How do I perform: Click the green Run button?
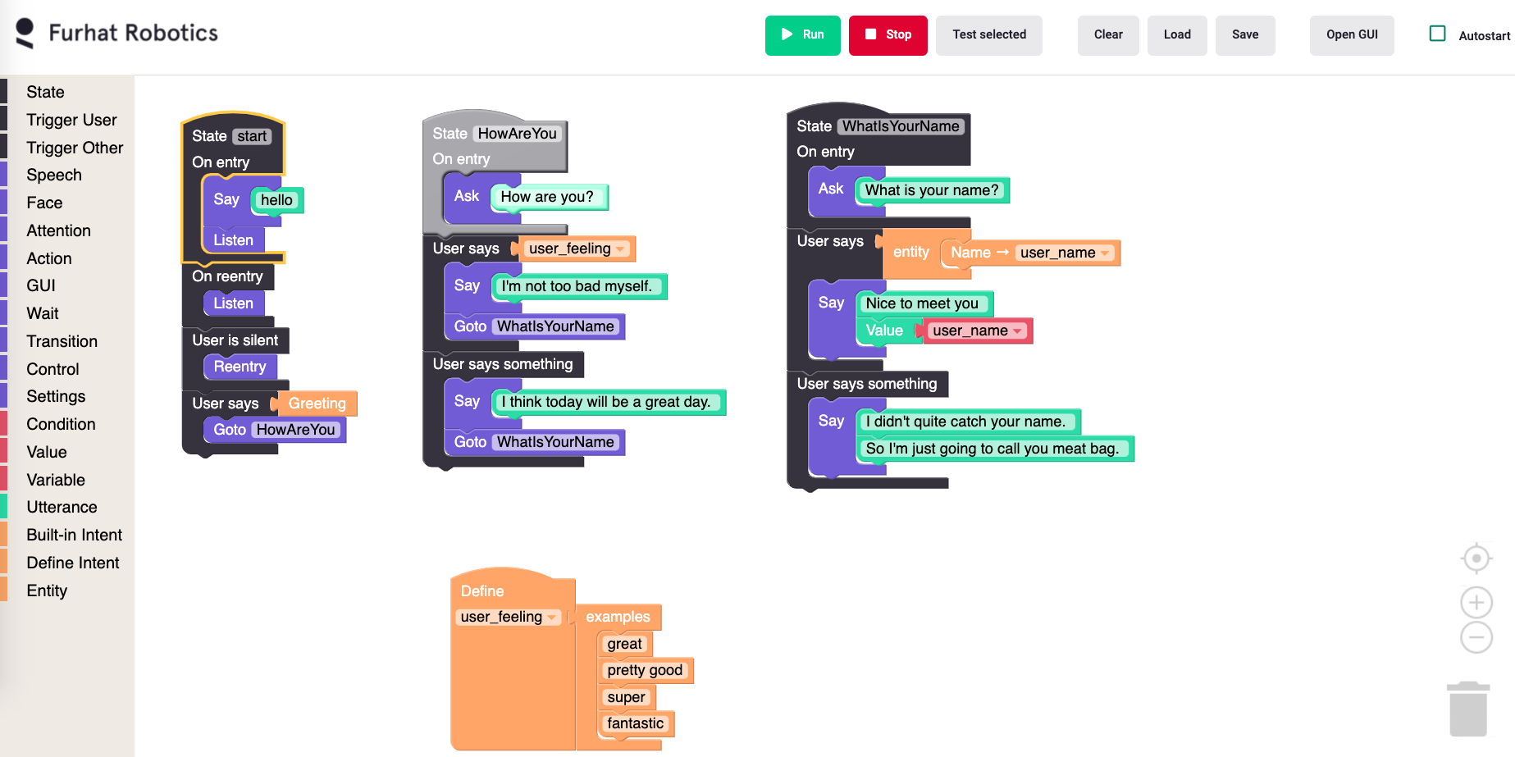coord(802,35)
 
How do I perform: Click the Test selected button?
coord(988,35)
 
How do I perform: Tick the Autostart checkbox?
coord(1437,34)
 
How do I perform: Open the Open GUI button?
coord(1351,35)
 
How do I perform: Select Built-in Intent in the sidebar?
coord(74,535)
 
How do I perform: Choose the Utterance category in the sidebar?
coord(62,507)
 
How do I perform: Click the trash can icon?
coord(1467,709)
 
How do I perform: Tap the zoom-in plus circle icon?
coord(1476,603)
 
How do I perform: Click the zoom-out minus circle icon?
coord(1476,637)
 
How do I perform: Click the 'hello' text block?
coord(276,200)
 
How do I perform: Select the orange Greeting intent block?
coord(317,404)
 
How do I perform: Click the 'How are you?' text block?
coord(546,197)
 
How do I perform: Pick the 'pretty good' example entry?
coord(644,670)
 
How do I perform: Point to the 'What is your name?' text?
coord(931,190)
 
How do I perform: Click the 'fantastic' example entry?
coord(635,723)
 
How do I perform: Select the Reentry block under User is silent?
coord(240,367)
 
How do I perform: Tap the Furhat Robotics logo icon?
coord(25,33)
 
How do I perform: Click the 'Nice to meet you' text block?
coord(922,303)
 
